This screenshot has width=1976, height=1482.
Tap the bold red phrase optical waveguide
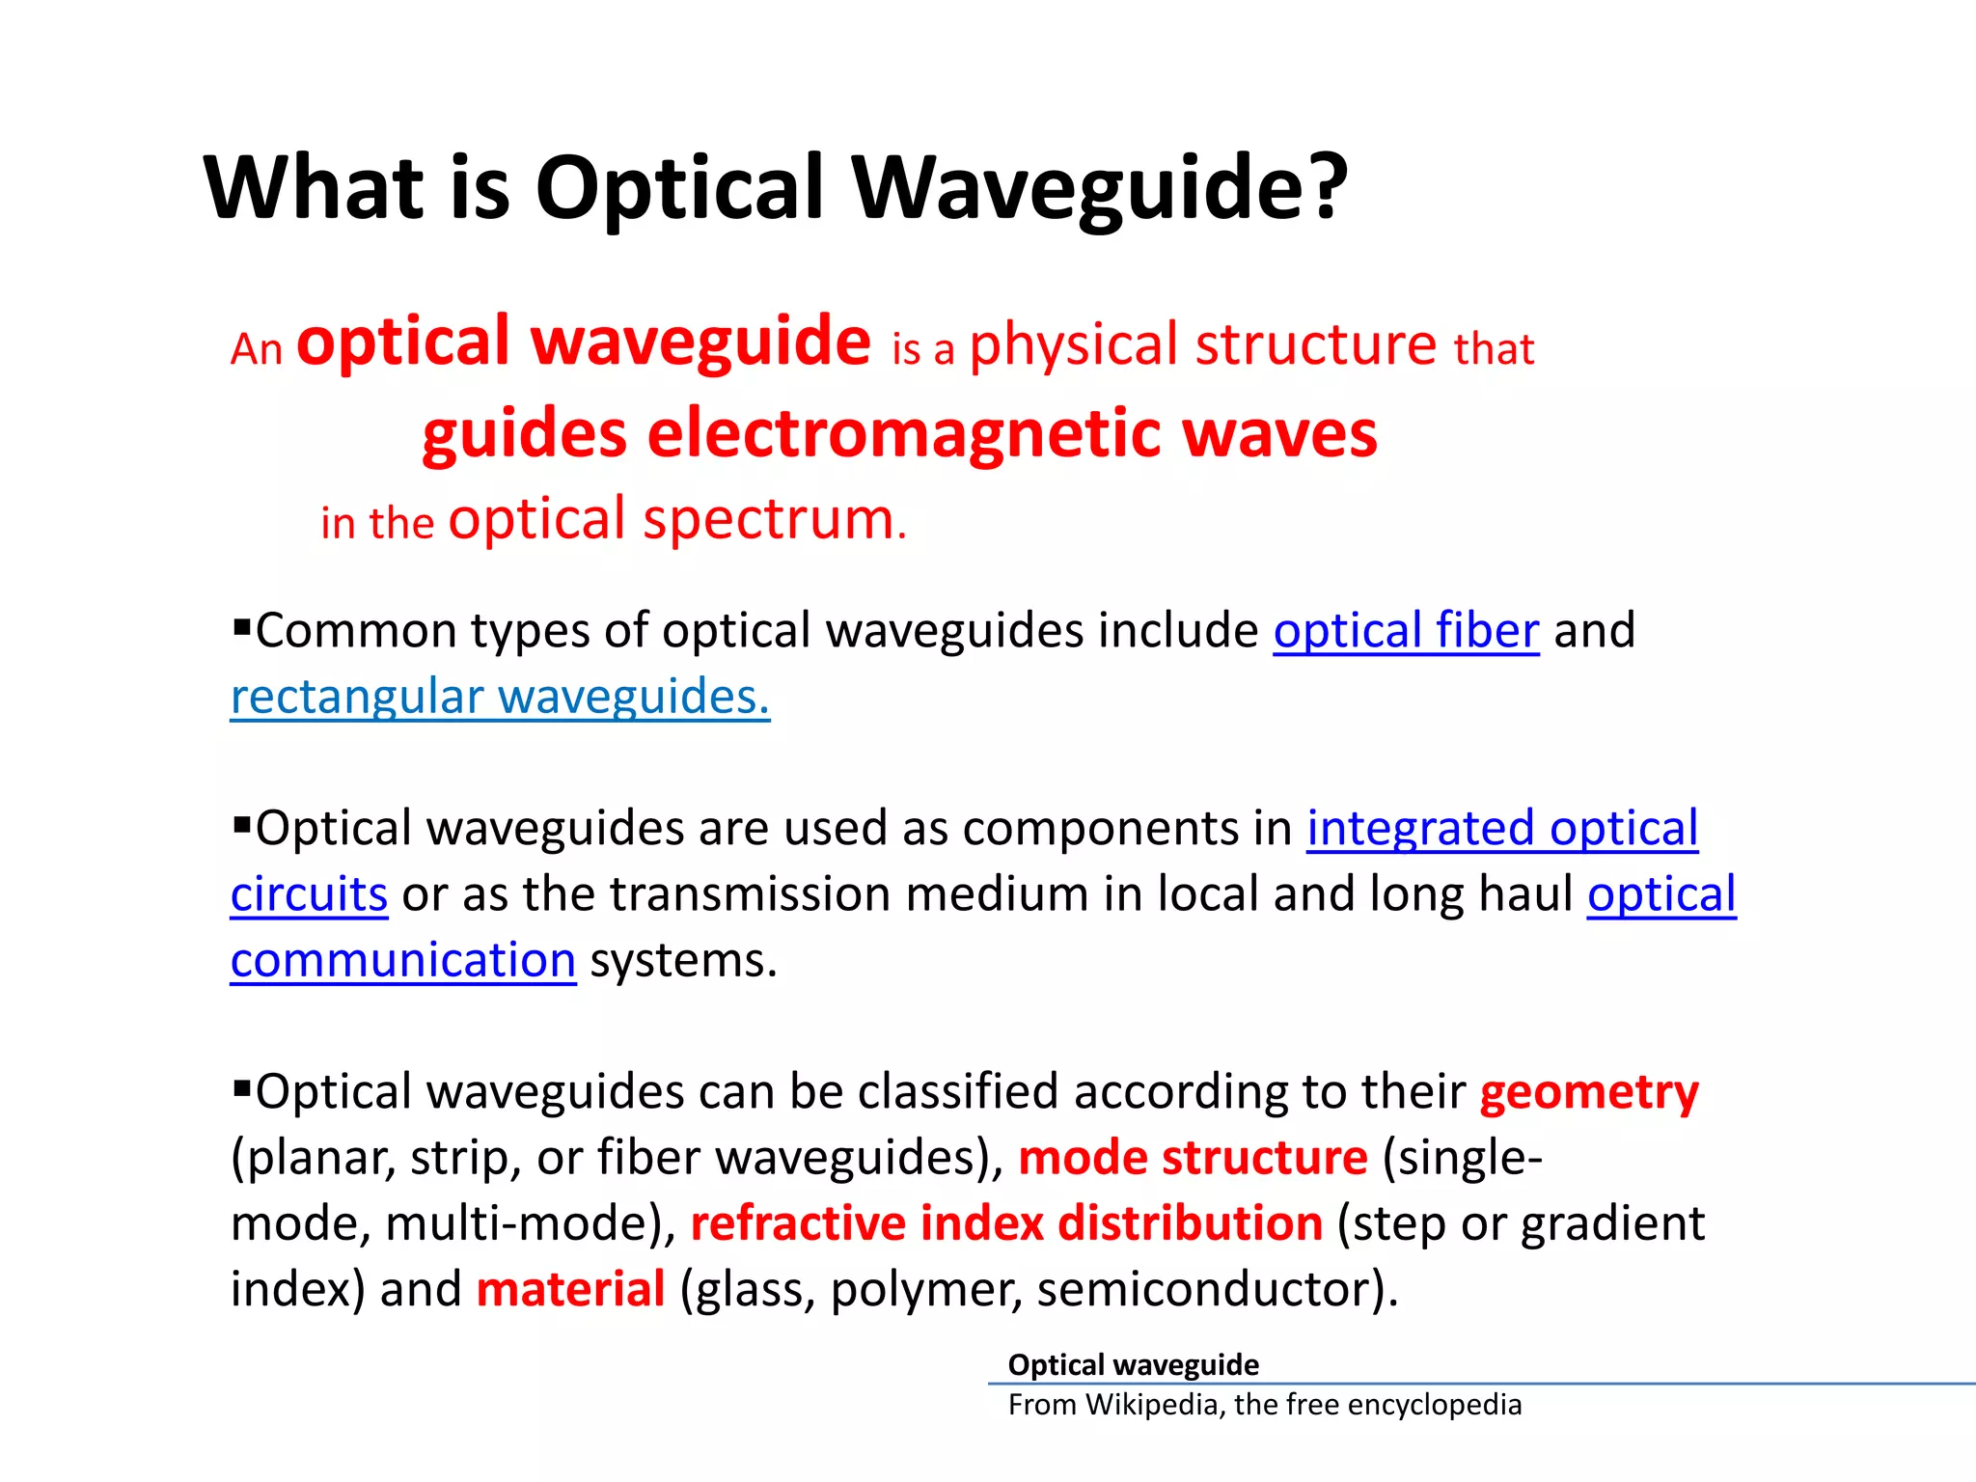[x=583, y=342]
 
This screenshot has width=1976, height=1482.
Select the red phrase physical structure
[x=1202, y=345]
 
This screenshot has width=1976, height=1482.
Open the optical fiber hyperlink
[x=1405, y=631]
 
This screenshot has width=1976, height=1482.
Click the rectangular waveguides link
[x=500, y=697]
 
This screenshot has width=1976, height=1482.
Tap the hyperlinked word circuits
[x=309, y=894]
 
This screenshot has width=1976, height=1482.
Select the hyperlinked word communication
[x=403, y=961]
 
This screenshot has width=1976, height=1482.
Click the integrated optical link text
[x=1501, y=829]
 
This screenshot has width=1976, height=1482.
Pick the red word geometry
[x=1588, y=1093]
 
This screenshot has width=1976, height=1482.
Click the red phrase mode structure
[x=1192, y=1158]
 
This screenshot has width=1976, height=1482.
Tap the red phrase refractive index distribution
[x=1005, y=1224]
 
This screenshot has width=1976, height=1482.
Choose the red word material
[x=570, y=1290]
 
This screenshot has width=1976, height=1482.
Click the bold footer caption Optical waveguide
[x=1133, y=1364]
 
